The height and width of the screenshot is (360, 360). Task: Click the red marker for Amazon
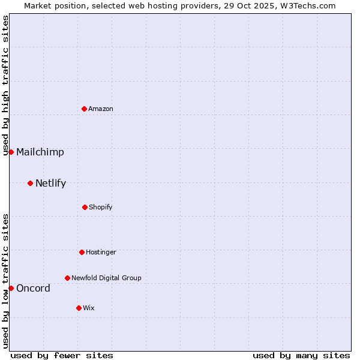(84, 109)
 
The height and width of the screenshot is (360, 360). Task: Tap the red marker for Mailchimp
(11, 152)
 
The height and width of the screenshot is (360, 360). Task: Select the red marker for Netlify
(30, 183)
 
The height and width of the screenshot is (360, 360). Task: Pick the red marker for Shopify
(85, 207)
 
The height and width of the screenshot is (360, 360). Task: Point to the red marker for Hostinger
(82, 252)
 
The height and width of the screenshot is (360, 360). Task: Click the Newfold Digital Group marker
(67, 278)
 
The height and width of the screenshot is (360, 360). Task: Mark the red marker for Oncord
(11, 288)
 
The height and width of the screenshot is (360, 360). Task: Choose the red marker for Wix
(79, 308)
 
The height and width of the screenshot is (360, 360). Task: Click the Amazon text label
(101, 109)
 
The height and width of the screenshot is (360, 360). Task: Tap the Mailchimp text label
(40, 152)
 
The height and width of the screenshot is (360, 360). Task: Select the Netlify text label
(50, 183)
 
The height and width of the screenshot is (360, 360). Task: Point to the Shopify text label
(101, 207)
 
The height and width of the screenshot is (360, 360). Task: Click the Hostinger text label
(101, 252)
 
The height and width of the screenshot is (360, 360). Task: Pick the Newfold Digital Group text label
(107, 278)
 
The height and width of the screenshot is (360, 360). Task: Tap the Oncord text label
(33, 288)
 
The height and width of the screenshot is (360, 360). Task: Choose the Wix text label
(89, 308)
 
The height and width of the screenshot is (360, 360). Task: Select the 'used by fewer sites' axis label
(62, 355)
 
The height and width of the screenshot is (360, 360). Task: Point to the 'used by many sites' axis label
(301, 355)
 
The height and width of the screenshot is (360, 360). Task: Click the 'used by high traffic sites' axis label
(5, 85)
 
